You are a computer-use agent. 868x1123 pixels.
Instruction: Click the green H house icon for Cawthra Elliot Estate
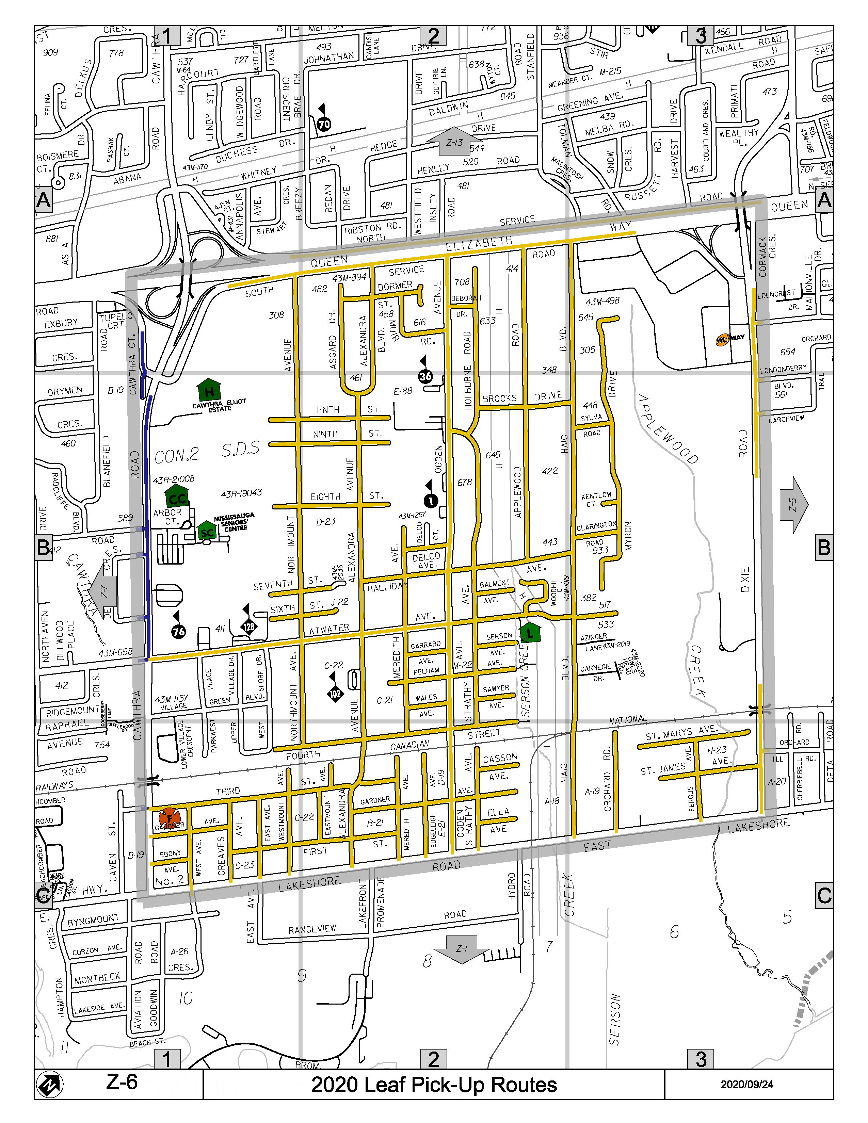[x=208, y=391]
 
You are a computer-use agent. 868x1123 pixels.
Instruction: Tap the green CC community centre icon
[x=177, y=497]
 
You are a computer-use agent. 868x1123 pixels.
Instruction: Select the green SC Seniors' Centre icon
[x=207, y=531]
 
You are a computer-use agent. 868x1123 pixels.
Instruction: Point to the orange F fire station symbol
[x=169, y=818]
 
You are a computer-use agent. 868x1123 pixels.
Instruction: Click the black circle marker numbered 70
[x=324, y=124]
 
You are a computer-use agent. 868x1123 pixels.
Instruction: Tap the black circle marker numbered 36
[x=425, y=376]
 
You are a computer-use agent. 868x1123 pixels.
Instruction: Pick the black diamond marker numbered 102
[x=335, y=693]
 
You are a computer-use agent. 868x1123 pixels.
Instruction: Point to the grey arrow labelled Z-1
[x=461, y=948]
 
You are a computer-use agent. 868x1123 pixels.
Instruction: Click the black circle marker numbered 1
[x=430, y=500]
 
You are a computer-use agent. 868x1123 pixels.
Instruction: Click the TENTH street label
[x=325, y=410]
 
